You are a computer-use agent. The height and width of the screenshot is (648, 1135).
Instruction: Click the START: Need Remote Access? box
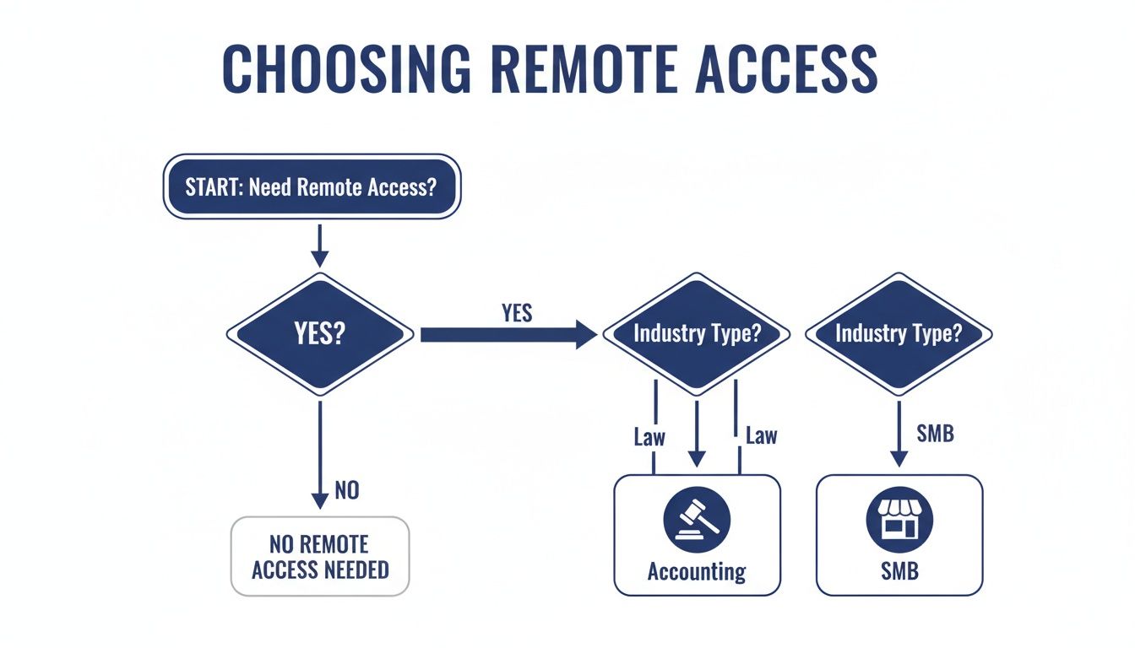(311, 186)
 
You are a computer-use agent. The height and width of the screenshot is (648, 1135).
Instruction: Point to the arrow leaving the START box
(319, 247)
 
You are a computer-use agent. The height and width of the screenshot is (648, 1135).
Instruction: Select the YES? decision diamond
(320, 335)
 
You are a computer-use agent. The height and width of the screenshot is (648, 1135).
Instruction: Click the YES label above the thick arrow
(517, 313)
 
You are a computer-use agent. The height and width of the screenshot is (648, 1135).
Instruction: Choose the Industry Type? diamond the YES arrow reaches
(697, 333)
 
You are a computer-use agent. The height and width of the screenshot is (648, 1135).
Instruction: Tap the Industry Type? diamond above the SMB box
(899, 333)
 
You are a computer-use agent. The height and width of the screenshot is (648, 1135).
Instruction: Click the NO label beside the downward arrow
(347, 490)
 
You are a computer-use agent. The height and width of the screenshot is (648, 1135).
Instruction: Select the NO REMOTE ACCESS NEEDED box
(320, 557)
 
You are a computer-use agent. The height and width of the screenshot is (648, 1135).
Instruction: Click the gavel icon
(697, 518)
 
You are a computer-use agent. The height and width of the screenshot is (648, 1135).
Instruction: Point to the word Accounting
(697, 572)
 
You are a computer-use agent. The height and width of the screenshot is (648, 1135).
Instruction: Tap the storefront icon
(899, 518)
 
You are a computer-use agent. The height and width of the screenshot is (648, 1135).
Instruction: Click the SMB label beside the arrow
(935, 435)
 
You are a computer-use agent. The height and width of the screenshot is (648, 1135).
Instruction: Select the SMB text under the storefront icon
(899, 572)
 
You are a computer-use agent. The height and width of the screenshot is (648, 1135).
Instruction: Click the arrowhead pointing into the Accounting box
(697, 459)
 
